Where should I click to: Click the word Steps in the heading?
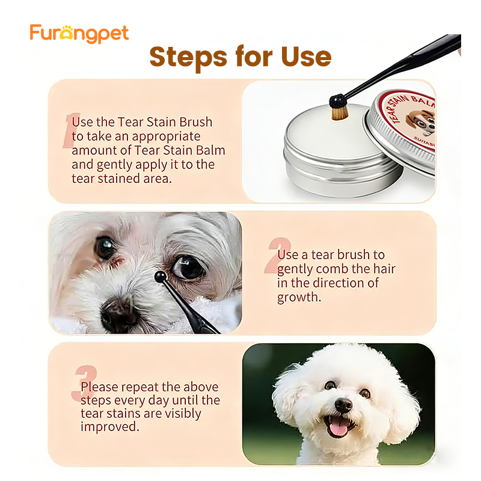[x=183, y=57]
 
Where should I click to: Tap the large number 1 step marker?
[x=71, y=130]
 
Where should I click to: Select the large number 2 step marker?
[x=276, y=256]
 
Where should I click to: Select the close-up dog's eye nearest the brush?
[x=187, y=266]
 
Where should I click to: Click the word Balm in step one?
[x=207, y=150]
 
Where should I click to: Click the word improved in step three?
[x=109, y=426]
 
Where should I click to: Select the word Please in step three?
[x=100, y=387]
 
